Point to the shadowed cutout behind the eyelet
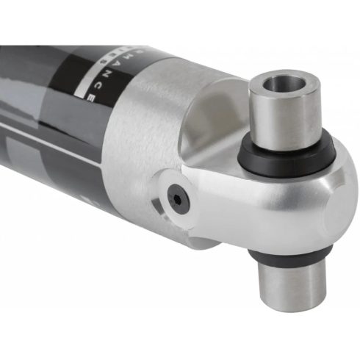(213, 118)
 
